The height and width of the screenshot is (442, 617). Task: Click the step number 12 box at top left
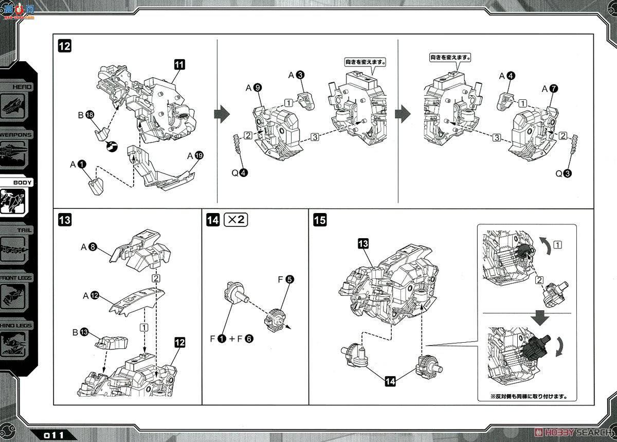pyautogui.click(x=65, y=46)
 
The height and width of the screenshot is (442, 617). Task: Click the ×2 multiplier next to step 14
pyautogui.click(x=236, y=220)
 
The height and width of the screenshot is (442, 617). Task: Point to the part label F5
pyautogui.click(x=286, y=280)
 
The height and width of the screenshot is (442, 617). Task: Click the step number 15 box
pyautogui.click(x=319, y=220)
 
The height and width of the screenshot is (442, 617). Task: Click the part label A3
pyautogui.click(x=296, y=75)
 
